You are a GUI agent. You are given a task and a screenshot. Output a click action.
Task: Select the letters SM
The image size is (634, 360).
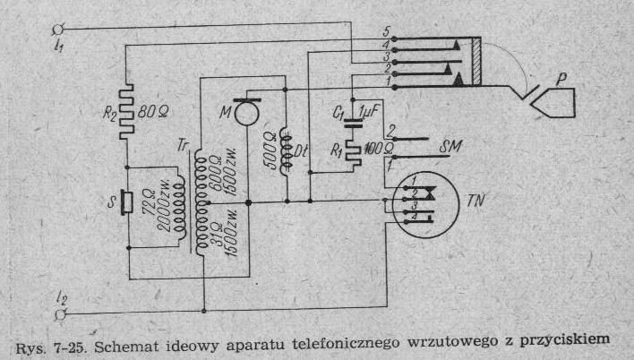pos(450,145)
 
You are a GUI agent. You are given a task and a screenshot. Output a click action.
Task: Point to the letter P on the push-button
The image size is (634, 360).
pos(561,79)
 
